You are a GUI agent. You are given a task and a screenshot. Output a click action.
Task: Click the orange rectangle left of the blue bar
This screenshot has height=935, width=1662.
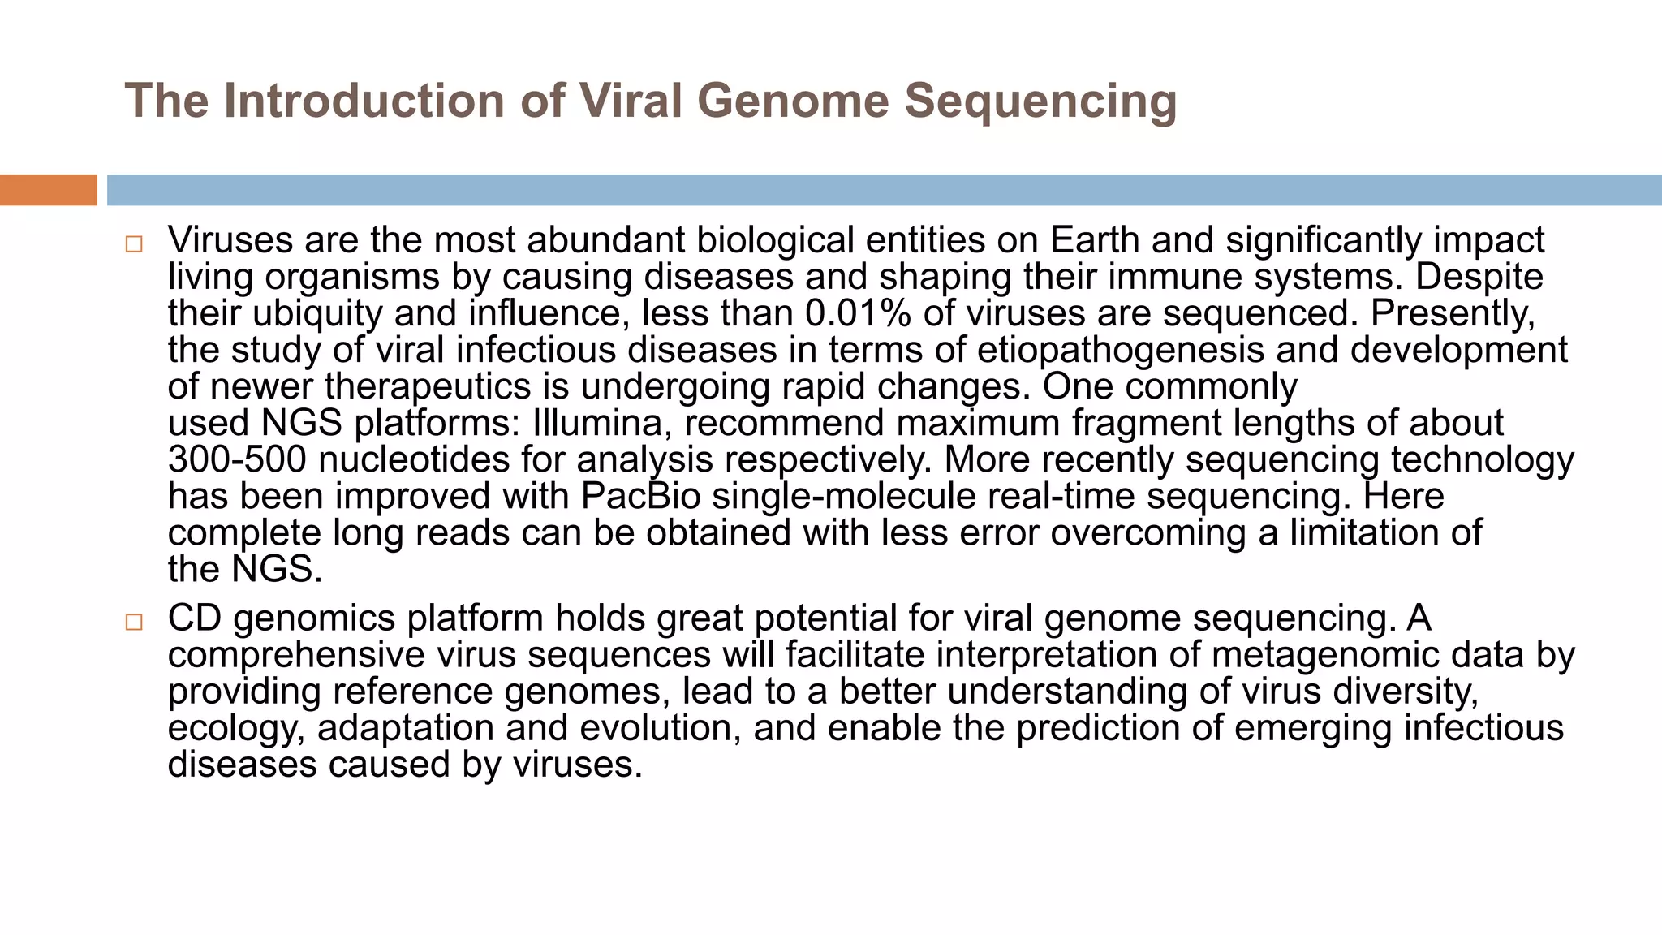48,190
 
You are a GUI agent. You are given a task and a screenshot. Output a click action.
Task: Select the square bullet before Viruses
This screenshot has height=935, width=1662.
134,244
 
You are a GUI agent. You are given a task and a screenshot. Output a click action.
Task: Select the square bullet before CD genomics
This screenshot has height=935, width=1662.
134,623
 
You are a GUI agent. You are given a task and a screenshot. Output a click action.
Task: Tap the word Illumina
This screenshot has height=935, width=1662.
601,423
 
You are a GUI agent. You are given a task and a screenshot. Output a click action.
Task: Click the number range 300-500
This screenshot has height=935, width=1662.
237,459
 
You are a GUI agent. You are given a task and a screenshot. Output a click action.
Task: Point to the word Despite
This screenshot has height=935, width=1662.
1479,277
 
